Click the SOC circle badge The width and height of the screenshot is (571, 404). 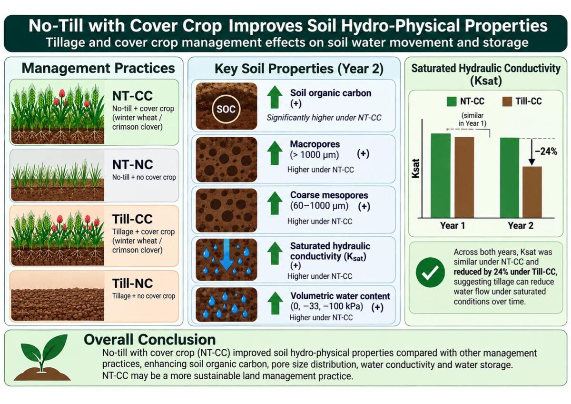pos(226,109)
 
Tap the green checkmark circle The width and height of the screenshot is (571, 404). pos(430,273)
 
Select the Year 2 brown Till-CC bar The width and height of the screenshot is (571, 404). pos(532,192)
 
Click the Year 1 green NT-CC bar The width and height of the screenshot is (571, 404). pos(441,176)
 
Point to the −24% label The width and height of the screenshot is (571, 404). pos(546,151)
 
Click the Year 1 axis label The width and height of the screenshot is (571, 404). pos(453,226)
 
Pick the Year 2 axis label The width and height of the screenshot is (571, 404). pos(521,226)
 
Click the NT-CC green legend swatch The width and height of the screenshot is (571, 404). pos(452,101)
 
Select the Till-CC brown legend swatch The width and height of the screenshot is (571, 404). pos(507,101)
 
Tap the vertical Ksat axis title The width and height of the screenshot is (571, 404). pos(415,169)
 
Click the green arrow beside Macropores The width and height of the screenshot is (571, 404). pos(275,153)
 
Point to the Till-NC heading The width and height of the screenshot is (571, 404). pos(133,283)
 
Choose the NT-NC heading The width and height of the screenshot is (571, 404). pos(133,165)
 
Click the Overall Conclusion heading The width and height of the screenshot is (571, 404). pos(150,340)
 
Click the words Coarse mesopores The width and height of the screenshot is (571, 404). pos(329,195)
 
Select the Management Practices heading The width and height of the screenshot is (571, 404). pos(98,69)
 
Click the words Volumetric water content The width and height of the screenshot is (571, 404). pos(340,296)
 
